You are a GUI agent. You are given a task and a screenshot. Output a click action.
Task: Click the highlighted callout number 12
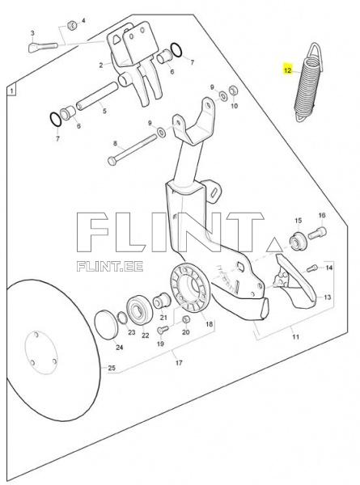point(287,70)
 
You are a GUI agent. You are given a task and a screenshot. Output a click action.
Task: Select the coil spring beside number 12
point(309,83)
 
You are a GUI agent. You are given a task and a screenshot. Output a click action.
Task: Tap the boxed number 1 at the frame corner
point(11,91)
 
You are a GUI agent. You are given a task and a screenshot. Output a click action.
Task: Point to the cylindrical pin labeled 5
point(96,96)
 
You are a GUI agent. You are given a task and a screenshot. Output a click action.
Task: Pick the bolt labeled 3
point(43,48)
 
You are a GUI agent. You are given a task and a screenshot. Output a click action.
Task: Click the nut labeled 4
point(73,25)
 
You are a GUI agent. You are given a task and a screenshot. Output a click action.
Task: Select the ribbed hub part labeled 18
point(190,287)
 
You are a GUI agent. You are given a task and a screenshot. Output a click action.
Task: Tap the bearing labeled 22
point(138,310)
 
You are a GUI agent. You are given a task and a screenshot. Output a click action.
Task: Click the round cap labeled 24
point(106,325)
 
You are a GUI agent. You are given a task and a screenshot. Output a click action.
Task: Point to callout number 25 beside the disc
point(112,368)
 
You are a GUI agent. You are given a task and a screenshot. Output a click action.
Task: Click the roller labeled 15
point(298,242)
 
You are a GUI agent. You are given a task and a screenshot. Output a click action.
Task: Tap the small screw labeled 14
point(312,268)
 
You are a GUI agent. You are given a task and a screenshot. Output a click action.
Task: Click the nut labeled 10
point(234,91)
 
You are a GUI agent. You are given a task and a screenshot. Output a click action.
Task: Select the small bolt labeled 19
point(163,329)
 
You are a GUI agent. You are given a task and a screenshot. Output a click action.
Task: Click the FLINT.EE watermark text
point(110,266)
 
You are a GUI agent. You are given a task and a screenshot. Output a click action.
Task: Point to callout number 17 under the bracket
point(179,362)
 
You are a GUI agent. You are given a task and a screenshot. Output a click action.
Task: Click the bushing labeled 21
point(161,301)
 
